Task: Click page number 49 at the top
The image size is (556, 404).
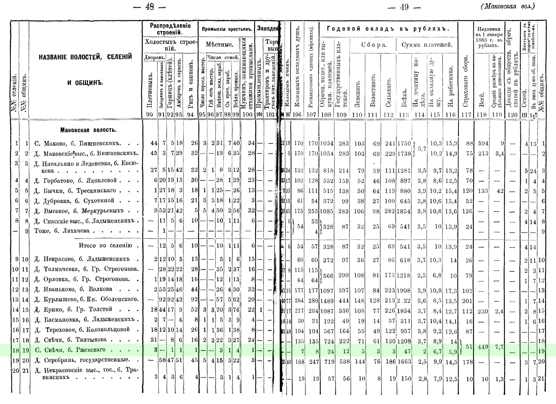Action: click(404, 7)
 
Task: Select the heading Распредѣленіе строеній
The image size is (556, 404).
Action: click(170, 29)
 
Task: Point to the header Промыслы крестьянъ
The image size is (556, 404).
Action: click(227, 29)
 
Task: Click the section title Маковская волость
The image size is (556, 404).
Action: click(88, 130)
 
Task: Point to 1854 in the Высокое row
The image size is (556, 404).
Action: click(404, 211)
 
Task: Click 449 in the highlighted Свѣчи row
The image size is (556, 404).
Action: click(482, 347)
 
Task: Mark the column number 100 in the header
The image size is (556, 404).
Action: click(247, 115)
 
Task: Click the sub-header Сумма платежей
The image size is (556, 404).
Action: click(427, 45)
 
